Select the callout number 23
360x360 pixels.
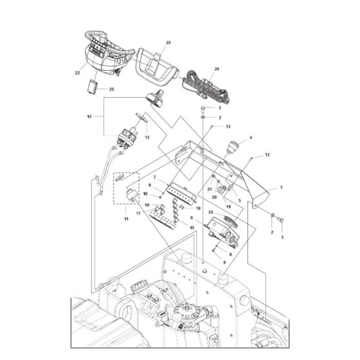pyautogui.click(x=150, y=42)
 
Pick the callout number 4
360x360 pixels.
pyautogui.click(x=251, y=138)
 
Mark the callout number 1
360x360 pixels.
pyautogui.click(x=280, y=188)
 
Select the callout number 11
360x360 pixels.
pyautogui.click(x=125, y=220)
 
